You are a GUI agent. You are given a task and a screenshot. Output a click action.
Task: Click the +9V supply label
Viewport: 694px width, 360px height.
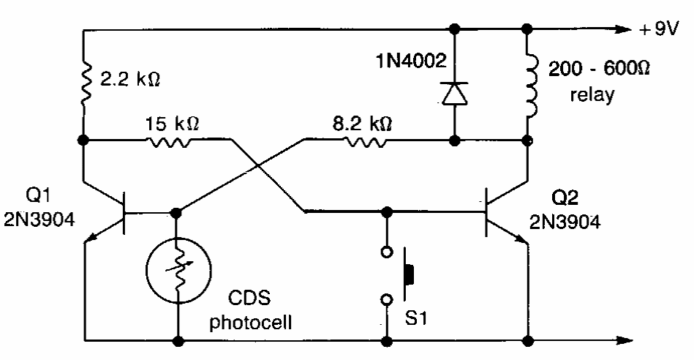point(662,31)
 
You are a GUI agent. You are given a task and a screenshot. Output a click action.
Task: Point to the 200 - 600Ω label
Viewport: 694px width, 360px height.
point(600,67)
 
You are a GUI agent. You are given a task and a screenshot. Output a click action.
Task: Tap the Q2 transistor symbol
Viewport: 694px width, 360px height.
point(497,214)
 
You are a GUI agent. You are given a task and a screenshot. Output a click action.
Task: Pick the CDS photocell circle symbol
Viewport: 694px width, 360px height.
point(176,269)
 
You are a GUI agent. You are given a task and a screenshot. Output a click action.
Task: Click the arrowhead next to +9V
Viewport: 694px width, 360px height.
point(622,30)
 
